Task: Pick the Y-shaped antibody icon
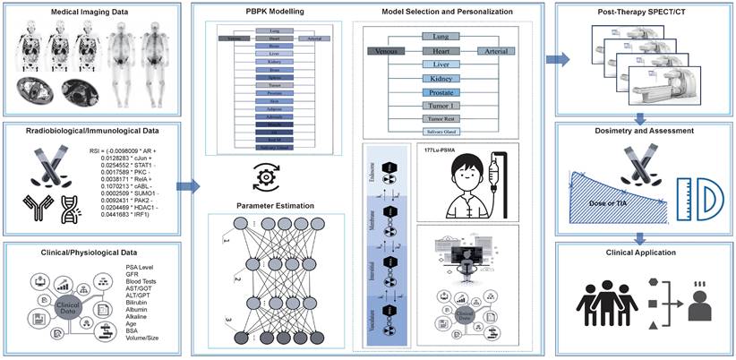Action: (x=30, y=210)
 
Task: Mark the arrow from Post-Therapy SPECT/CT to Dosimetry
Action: (x=642, y=116)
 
